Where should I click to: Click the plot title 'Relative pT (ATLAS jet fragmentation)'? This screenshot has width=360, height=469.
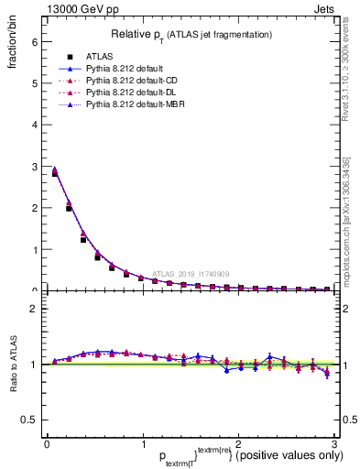click(x=191, y=34)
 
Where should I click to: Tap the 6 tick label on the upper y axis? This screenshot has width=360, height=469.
click(x=35, y=42)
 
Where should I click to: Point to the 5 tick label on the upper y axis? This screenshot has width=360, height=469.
click(x=35, y=83)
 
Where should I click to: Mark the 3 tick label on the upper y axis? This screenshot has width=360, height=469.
click(x=35, y=167)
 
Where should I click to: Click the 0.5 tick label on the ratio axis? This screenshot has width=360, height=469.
click(x=30, y=420)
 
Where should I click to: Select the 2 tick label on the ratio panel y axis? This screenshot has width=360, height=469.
click(x=35, y=309)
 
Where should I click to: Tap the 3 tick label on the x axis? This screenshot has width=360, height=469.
click(x=334, y=444)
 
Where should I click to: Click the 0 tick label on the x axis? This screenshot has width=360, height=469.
click(x=47, y=444)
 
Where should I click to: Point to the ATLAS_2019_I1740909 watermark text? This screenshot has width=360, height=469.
click(x=193, y=273)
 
